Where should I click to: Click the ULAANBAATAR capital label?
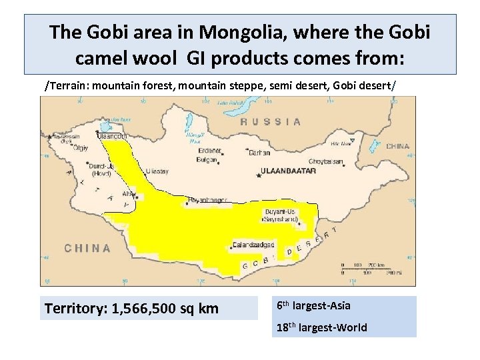coord(289,171)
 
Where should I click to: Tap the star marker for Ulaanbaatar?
coord(259,175)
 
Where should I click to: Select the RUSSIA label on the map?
coord(270,122)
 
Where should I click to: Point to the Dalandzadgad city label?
coord(253,245)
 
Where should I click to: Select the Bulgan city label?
coord(207,160)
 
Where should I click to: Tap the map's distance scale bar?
coord(369,267)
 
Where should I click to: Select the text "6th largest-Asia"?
coord(313,306)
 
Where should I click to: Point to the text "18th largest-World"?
coord(321,327)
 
